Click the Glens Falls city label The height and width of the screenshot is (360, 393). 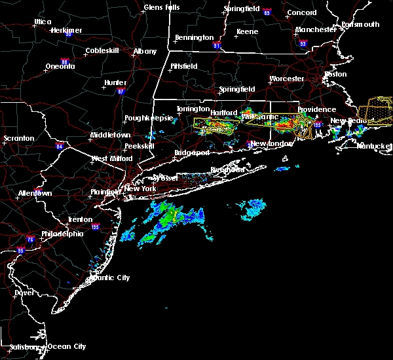tap(163, 8)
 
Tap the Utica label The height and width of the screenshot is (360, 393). tap(43, 22)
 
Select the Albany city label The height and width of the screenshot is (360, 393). tap(145, 51)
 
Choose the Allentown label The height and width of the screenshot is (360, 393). tap(35, 194)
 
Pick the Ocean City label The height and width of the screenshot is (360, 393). tap(67, 346)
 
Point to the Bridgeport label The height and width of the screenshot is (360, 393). tap(192, 153)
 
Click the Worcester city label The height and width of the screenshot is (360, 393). tap(287, 79)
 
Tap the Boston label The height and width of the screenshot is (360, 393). tap(335, 74)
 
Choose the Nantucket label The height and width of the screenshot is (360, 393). tap(375, 146)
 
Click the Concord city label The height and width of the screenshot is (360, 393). tap(303, 12)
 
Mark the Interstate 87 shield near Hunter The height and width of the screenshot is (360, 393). tap(121, 92)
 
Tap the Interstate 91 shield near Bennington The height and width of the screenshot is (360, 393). tap(217, 46)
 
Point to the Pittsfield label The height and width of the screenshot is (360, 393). tap(183, 66)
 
